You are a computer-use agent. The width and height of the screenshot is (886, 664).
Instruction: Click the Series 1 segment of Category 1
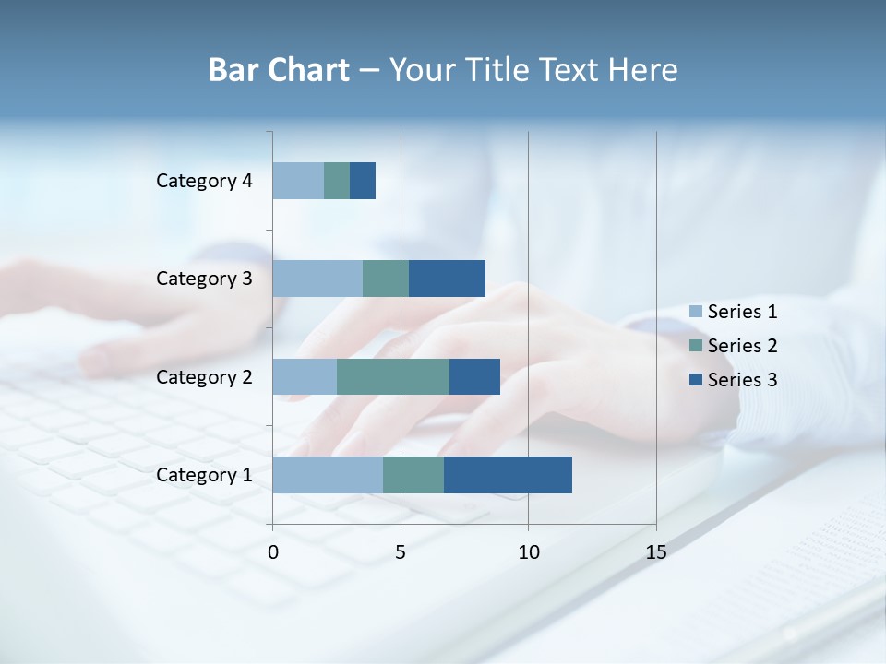[328, 475]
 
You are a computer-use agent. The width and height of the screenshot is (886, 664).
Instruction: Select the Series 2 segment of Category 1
[413, 475]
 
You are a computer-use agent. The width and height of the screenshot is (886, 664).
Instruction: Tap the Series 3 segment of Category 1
[508, 475]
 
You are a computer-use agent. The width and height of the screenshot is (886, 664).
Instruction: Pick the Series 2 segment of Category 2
[393, 376]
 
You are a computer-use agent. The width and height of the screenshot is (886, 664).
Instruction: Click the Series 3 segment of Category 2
[474, 376]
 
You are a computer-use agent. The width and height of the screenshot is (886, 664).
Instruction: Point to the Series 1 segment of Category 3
[317, 279]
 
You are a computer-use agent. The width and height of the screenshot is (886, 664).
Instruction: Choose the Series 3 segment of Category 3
[447, 279]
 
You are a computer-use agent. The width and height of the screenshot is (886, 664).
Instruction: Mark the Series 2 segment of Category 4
[337, 181]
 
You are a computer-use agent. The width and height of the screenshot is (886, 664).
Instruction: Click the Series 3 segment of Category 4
[363, 181]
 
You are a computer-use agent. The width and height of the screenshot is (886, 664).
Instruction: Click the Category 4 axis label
[204, 181]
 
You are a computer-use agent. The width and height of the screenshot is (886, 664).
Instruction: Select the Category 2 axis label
[204, 376]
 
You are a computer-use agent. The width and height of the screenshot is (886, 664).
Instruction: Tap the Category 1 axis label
[204, 475]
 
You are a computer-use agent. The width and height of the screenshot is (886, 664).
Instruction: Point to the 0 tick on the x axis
[273, 552]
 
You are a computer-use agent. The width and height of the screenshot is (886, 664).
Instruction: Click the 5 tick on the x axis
[401, 552]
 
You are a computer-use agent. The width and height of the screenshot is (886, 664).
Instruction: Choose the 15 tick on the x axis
[655, 552]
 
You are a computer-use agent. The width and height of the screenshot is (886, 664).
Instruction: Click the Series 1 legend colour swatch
[696, 312]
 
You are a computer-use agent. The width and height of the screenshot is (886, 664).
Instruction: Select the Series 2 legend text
[742, 346]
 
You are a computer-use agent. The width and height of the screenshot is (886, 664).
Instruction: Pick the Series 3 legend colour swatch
[696, 379]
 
